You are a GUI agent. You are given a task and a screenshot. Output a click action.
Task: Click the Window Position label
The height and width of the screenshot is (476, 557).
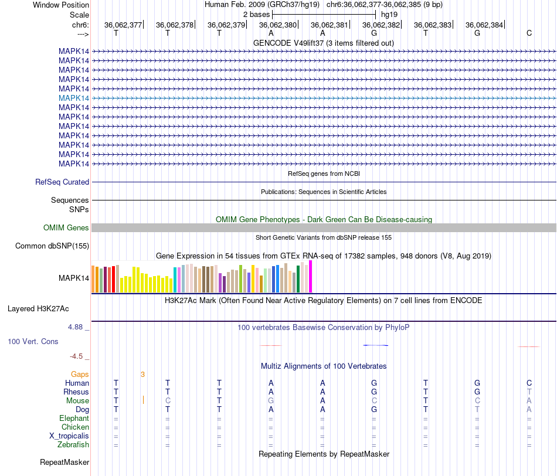(x=61, y=5)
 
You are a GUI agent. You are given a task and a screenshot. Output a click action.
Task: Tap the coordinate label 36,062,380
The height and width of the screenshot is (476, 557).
(x=278, y=25)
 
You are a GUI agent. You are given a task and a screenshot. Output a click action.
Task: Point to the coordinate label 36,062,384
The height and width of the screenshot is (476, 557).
(x=484, y=25)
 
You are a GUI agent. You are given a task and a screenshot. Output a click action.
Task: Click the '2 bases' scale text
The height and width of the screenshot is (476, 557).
(x=256, y=14)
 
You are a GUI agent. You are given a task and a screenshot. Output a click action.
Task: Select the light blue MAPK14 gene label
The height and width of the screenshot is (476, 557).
(x=74, y=98)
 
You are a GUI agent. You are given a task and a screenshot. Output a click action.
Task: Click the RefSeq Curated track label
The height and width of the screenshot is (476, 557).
(x=62, y=182)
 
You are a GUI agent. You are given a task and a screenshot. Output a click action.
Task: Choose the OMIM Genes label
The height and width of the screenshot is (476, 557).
(x=66, y=227)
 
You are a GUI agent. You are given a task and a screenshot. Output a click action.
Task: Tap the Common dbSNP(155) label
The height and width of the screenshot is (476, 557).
(x=52, y=246)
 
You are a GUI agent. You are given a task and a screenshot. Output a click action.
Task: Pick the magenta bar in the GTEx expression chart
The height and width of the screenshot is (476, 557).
(x=311, y=276)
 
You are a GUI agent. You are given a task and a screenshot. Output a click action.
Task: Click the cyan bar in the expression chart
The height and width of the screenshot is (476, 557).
(x=176, y=280)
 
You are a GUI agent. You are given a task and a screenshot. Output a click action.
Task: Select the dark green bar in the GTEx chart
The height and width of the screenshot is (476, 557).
(x=298, y=278)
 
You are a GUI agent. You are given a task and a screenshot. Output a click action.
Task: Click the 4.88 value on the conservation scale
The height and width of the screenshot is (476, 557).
(x=79, y=327)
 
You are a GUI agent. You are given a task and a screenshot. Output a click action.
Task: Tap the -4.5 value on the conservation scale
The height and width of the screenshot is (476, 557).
(x=79, y=356)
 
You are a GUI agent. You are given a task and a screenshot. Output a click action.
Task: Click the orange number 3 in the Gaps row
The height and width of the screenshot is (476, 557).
(x=142, y=374)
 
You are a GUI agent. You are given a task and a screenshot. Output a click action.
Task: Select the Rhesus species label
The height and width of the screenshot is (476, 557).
(x=76, y=392)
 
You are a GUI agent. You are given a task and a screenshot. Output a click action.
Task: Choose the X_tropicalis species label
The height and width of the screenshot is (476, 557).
(x=69, y=436)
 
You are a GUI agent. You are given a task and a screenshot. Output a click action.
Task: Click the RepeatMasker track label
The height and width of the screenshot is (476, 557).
(x=64, y=463)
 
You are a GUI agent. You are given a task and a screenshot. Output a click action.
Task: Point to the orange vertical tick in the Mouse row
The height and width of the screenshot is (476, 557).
(x=143, y=400)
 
